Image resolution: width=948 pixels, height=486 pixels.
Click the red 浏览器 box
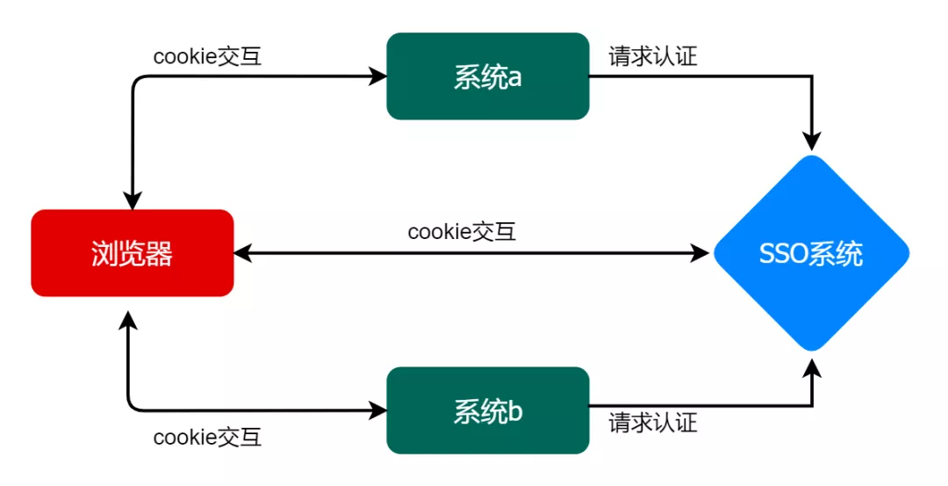coord(133,253)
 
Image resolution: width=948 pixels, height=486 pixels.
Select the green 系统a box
coord(488,76)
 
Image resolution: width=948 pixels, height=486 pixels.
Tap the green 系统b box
coord(488,410)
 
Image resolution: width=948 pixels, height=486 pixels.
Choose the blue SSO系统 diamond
coord(811,253)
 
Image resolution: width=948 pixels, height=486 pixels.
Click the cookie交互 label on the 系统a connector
coord(207,56)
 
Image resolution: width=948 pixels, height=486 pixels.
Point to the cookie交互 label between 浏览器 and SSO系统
coord(462,231)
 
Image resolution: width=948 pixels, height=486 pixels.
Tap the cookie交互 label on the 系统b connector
coord(207,437)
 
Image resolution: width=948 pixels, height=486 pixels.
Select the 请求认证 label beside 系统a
coord(653,56)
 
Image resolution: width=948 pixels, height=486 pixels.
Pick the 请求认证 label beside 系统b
coord(653,422)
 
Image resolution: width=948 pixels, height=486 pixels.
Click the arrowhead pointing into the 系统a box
coord(378,76)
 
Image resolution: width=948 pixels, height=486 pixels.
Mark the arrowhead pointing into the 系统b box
coord(378,410)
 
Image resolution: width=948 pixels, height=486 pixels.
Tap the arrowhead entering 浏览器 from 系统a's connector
coord(133,201)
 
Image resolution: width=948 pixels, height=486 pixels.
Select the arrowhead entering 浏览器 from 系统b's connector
coord(127,320)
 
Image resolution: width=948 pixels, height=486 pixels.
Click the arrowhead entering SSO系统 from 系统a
coord(812,141)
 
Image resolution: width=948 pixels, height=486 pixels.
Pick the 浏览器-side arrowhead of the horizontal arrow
coord(242,253)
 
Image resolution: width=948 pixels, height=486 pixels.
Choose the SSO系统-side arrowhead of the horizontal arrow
coord(700,253)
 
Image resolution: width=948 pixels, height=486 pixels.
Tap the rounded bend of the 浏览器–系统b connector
coord(132,406)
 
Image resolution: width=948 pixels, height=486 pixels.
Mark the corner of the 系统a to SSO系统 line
coord(812,76)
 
